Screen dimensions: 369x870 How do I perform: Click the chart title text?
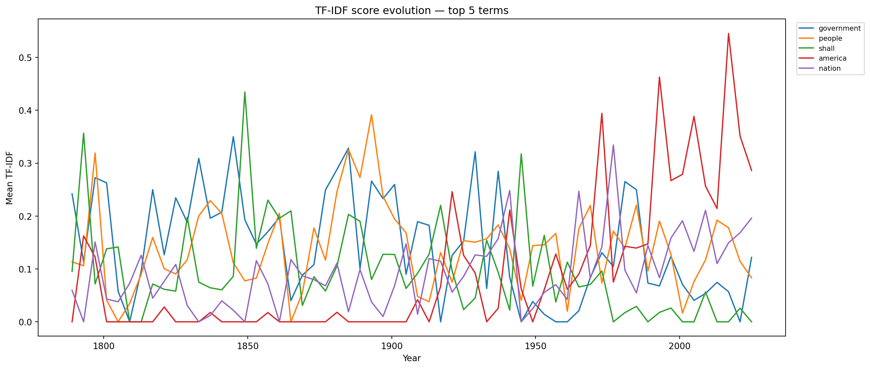[x=411, y=10]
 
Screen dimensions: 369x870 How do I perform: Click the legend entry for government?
[x=839, y=28]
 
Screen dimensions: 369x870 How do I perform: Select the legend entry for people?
[x=830, y=38]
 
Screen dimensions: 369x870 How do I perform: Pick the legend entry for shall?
[x=826, y=49]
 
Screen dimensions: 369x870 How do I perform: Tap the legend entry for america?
[x=832, y=58]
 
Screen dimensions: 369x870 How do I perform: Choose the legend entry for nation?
[x=829, y=68]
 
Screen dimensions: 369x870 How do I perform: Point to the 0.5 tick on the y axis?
[x=25, y=58]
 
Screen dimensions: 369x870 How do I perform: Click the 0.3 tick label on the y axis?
[x=25, y=163]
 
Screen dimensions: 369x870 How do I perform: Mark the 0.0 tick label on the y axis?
[x=25, y=322]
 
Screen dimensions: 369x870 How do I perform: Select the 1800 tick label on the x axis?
[x=104, y=346]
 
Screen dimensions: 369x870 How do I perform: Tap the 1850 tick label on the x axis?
[x=247, y=346]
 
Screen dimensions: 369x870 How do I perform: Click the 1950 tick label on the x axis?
[x=536, y=346]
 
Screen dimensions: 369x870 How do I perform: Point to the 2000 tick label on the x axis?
[x=680, y=346]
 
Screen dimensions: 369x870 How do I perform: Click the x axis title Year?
[x=411, y=358]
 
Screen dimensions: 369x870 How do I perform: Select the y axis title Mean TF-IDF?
[x=9, y=178]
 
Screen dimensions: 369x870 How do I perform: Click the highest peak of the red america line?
[x=729, y=34]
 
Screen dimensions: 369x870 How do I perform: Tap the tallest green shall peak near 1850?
[x=244, y=92]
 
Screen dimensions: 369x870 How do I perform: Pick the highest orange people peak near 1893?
[x=371, y=115]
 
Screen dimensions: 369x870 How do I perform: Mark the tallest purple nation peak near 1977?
[x=613, y=145]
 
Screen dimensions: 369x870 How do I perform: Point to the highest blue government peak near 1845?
[x=233, y=137]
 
